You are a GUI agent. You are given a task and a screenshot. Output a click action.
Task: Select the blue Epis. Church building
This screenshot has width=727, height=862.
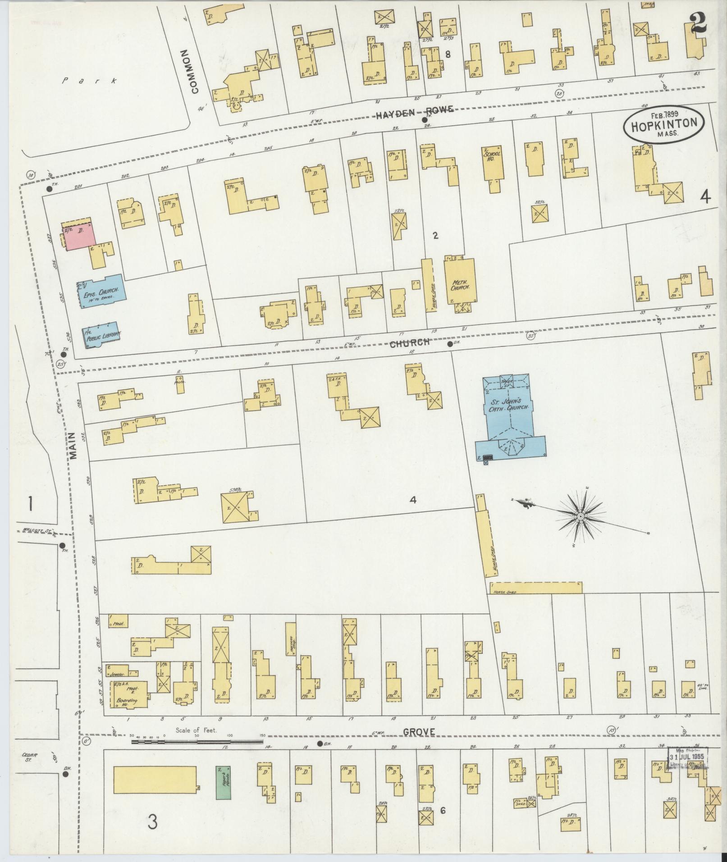click(x=102, y=292)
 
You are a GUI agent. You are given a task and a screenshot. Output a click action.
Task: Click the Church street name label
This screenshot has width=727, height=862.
click(x=409, y=343)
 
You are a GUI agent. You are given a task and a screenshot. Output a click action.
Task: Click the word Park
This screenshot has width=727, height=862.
click(x=90, y=81)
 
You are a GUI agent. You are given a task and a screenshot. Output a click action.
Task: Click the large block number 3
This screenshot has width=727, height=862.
click(x=153, y=823)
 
